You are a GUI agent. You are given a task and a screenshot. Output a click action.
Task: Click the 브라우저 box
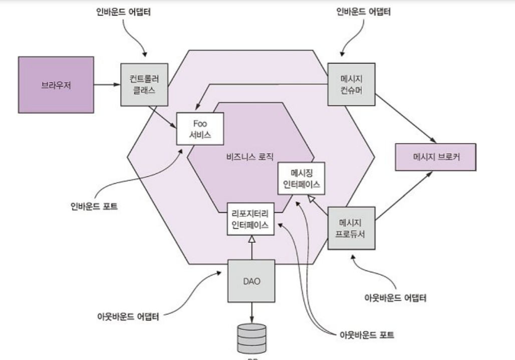click(x=56, y=84)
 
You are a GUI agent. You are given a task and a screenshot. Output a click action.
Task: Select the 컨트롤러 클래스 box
click(x=143, y=84)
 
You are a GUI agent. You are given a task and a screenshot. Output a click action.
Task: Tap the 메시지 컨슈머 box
click(x=351, y=84)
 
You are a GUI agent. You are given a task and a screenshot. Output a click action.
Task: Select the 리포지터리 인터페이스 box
click(x=250, y=219)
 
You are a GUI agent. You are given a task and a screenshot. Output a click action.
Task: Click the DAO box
click(x=251, y=282)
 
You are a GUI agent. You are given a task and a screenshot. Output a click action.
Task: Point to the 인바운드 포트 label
click(x=94, y=205)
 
